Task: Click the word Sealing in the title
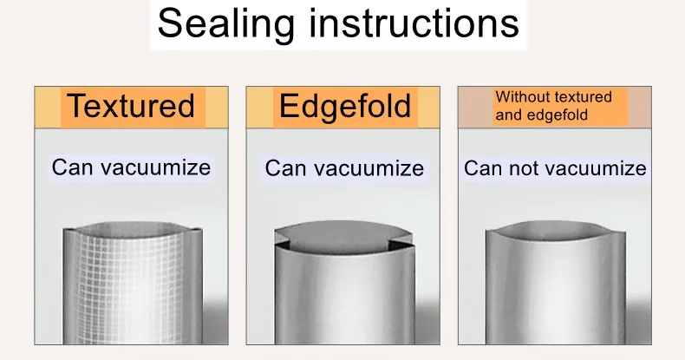click(225, 24)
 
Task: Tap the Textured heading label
click(132, 106)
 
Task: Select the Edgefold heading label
click(345, 106)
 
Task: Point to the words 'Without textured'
click(553, 96)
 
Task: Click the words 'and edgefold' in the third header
click(542, 115)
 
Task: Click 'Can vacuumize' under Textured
click(131, 167)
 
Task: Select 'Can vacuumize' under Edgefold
click(344, 168)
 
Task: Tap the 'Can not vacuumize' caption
click(555, 168)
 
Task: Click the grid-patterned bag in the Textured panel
click(133, 284)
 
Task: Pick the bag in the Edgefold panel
click(344, 284)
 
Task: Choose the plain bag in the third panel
click(556, 284)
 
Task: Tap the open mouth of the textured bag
click(133, 230)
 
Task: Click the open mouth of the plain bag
click(556, 230)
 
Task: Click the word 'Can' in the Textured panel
click(68, 167)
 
